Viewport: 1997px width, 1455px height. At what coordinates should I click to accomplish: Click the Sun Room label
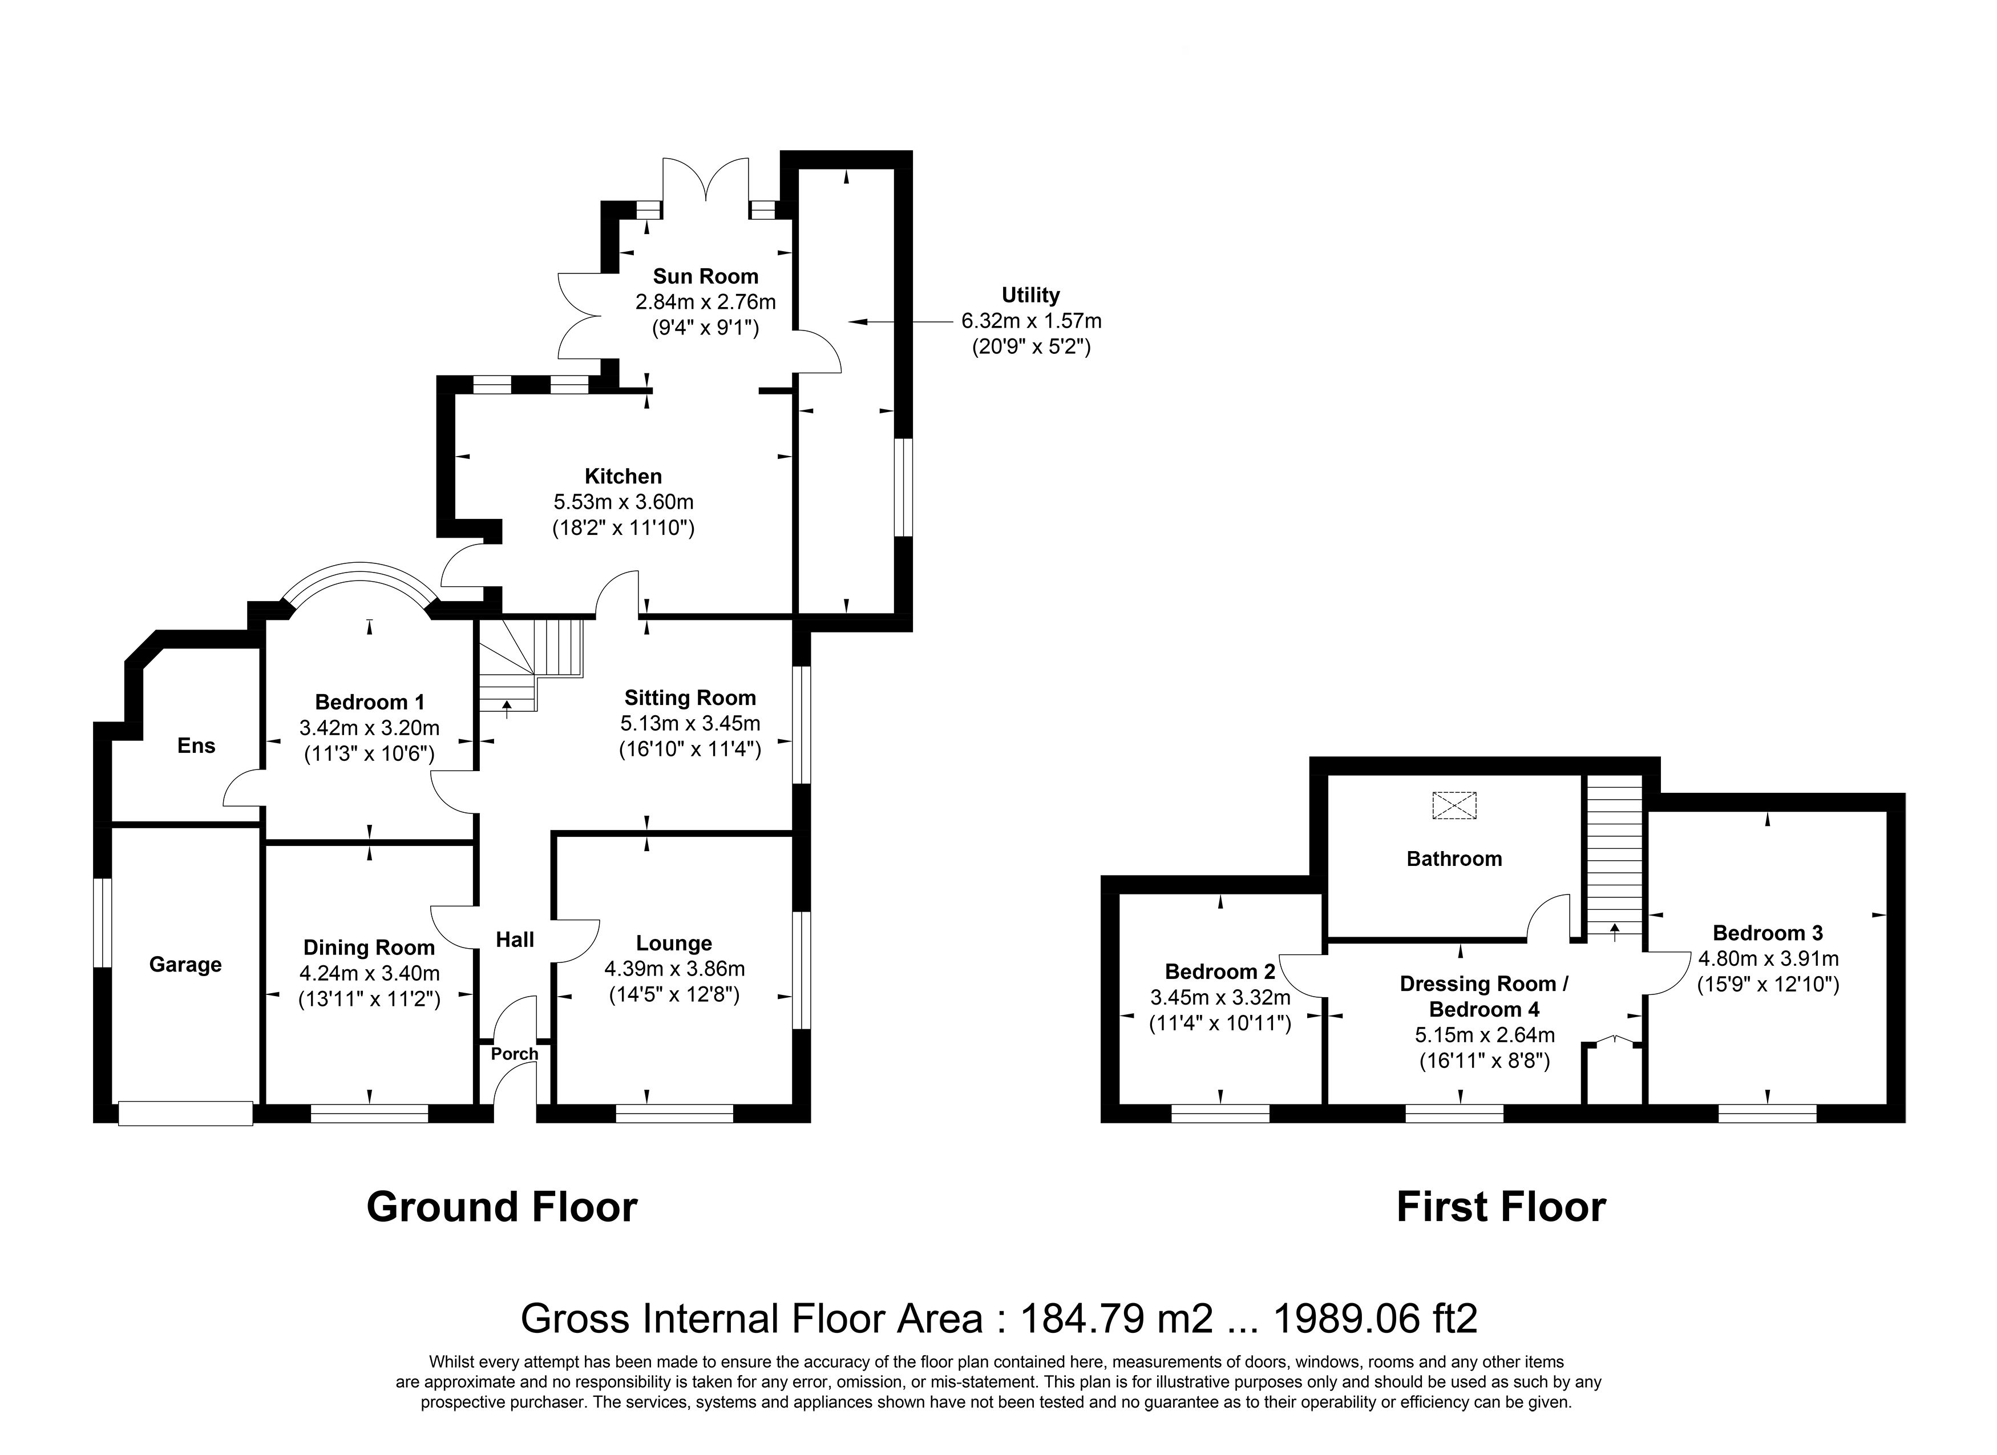[705, 276]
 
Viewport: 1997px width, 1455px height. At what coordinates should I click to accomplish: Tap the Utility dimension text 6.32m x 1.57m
[1031, 321]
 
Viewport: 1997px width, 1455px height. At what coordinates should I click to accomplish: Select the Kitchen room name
[624, 477]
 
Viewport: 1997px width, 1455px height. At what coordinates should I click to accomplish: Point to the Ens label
[196, 746]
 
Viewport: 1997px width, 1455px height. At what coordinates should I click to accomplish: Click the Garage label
[185, 965]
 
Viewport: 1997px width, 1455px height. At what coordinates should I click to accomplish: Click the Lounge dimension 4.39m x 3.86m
[674, 969]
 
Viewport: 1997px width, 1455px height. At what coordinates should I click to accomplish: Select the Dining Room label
[369, 948]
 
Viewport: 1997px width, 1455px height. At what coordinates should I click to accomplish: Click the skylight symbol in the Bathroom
[1454, 805]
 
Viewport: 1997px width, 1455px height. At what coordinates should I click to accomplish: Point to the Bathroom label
[1454, 859]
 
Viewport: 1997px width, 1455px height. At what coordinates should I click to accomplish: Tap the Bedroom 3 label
[1767, 933]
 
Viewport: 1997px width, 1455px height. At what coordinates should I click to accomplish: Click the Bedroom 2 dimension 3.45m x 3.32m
[1220, 998]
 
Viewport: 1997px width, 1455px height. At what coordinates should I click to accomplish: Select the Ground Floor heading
[502, 1207]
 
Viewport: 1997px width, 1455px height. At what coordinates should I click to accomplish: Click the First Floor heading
[1501, 1207]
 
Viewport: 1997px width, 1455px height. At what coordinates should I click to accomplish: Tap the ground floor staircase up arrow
[507, 707]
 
